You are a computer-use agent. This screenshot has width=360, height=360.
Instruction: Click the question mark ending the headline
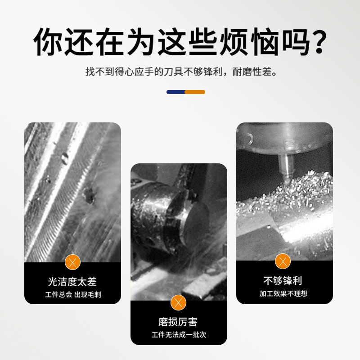314,43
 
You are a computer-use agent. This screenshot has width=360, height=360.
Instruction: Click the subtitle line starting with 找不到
180,72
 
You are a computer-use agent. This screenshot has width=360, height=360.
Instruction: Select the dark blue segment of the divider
175,92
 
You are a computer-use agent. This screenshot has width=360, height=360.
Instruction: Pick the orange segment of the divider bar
195,92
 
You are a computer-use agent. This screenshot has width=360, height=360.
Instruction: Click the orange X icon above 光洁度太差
72,262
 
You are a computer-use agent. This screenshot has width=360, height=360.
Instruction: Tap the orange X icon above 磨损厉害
179,302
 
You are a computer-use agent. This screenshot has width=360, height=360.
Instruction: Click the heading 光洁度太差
72,282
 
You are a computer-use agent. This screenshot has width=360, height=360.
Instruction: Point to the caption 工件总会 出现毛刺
72,295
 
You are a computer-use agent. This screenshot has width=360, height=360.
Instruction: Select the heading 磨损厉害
178,322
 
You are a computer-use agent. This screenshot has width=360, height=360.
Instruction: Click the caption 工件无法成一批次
179,335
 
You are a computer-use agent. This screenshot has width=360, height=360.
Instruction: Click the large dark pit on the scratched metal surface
88,193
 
